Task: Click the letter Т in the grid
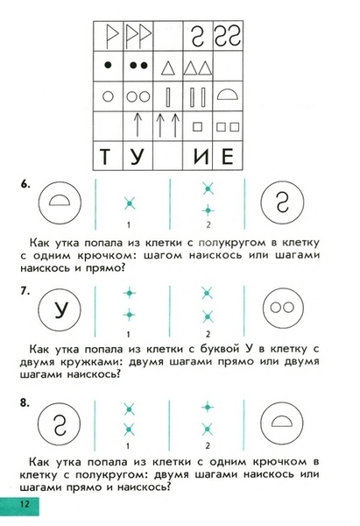105,156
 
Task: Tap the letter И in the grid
201,156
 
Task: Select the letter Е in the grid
228,156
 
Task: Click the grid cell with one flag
109,36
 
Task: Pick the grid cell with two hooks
228,36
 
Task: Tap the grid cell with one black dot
109,66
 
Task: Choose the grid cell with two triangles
198,66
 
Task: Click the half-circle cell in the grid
228,96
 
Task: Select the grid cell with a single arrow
138,126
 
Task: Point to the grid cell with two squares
228,126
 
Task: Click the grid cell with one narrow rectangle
168,96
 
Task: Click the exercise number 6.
25,184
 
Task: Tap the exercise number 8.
25,402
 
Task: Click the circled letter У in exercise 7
60,309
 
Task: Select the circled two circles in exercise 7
283,308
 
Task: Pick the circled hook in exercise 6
282,203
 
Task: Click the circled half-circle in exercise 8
282,423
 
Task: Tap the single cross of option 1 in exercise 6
130,203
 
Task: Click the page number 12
25,504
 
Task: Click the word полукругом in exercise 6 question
232,243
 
